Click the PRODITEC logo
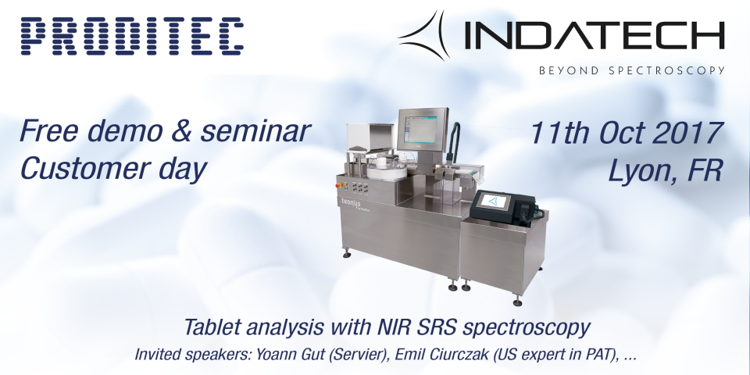(x=132, y=36)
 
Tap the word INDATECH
(x=595, y=37)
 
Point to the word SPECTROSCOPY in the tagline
(x=666, y=71)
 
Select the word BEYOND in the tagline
(x=569, y=71)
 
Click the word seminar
(x=255, y=131)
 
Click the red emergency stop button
(x=340, y=184)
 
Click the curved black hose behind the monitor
(x=452, y=140)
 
